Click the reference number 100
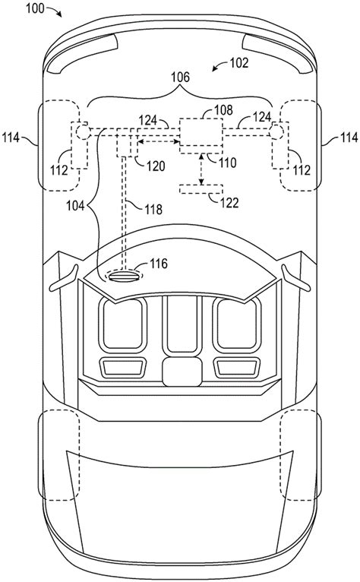coord(35,8)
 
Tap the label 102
coord(239,63)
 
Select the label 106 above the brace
coord(180,77)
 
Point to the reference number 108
coord(223,110)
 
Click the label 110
coord(227,162)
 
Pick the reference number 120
coord(156,166)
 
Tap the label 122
coord(229,203)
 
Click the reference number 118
coord(153,210)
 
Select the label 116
coord(159,264)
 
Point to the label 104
coord(75,205)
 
